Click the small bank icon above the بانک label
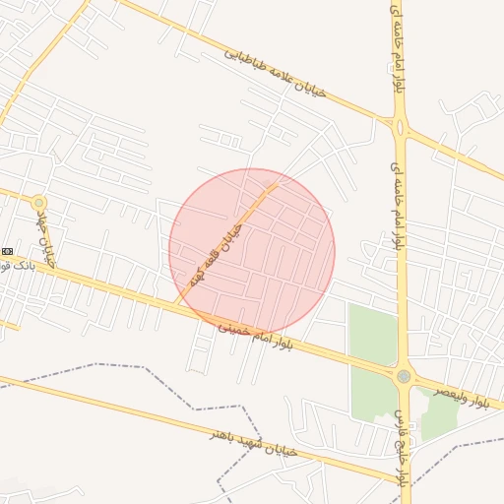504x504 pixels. pyautogui.click(x=6, y=251)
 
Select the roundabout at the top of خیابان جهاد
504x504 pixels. pyautogui.click(x=38, y=203)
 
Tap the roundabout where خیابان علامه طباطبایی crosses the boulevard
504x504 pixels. pyautogui.click(x=400, y=126)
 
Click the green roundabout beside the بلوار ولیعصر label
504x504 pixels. pyautogui.click(x=403, y=377)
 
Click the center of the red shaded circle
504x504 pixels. pyautogui.click(x=252, y=251)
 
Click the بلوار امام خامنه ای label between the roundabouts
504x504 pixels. pyautogui.click(x=396, y=207)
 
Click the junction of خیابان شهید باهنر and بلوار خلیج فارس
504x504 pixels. pyautogui.click(x=403, y=482)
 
